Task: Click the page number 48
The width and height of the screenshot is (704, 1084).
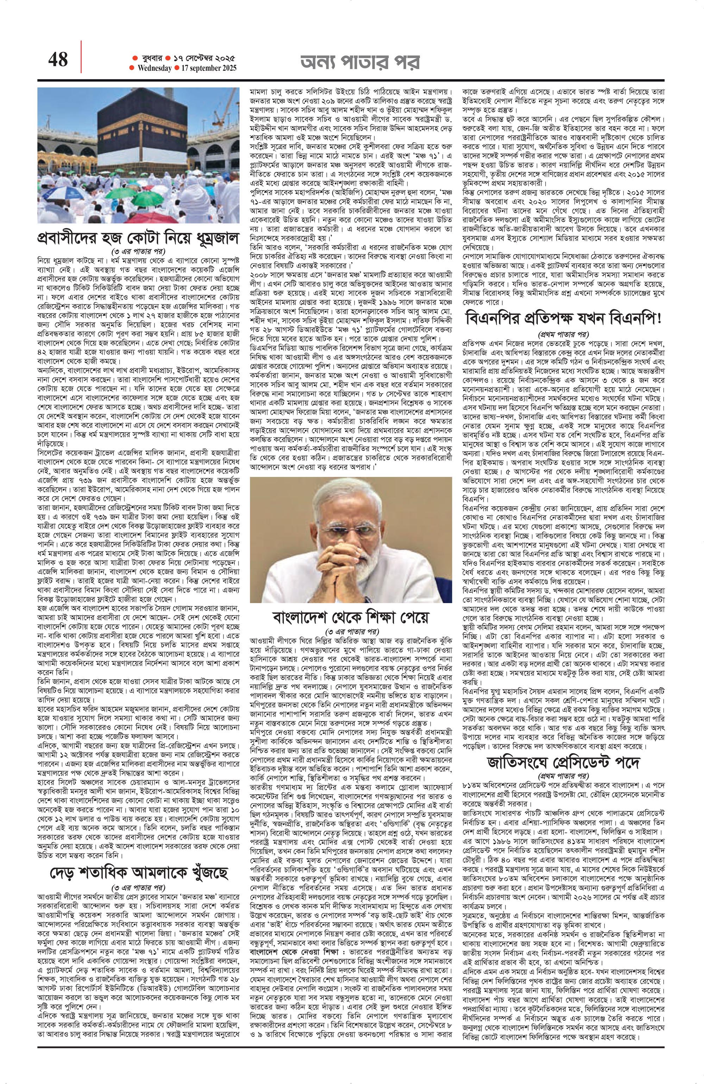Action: click(x=57, y=59)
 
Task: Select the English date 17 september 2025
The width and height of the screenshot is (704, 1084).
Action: click(x=208, y=68)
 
